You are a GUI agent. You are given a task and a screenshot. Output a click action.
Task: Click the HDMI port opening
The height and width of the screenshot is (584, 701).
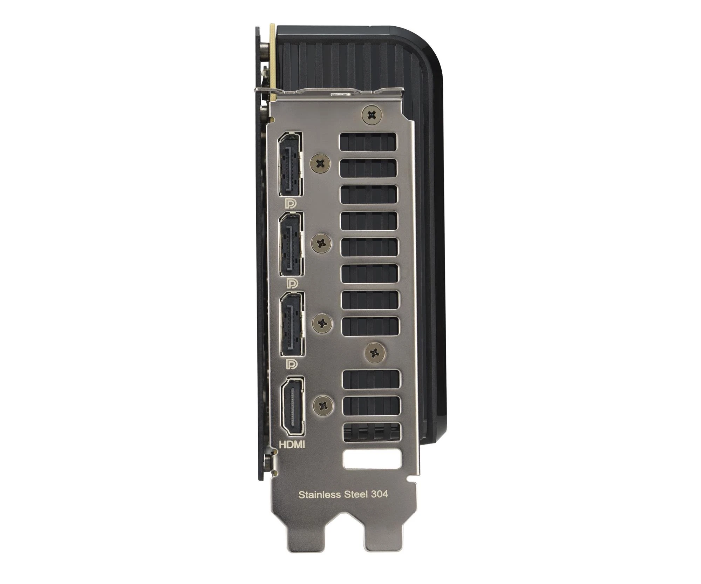[x=292, y=406]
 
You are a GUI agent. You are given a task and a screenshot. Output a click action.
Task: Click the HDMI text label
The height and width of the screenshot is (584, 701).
[x=292, y=444]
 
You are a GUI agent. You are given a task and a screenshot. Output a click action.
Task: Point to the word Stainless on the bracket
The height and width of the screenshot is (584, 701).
[x=320, y=495]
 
